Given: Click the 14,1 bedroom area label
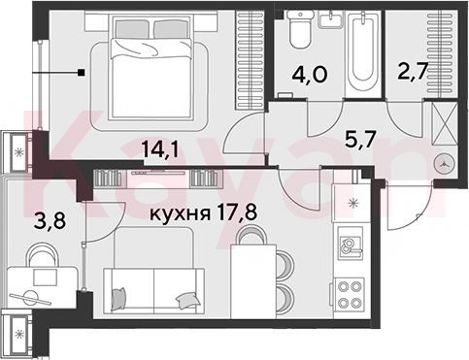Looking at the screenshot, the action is point(160,149).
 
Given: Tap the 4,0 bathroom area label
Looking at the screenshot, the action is point(310,75).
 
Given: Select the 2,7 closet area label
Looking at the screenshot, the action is point(414,71).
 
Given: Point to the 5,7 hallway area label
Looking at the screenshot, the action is point(360,140).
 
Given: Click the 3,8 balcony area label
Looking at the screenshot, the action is point(50,221).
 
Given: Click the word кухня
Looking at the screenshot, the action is point(180,213).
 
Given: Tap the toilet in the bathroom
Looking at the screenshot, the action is point(301,28).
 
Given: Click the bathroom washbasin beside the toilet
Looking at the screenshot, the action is point(330,18).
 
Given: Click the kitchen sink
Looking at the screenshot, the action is point(350,244).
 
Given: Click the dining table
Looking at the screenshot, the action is point(253,281).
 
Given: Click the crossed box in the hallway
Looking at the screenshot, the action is point(445,124).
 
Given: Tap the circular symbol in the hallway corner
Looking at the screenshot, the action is point(445,164).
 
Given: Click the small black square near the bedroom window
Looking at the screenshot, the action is point(82,73).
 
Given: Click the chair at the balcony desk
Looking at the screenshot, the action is point(42,254).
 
